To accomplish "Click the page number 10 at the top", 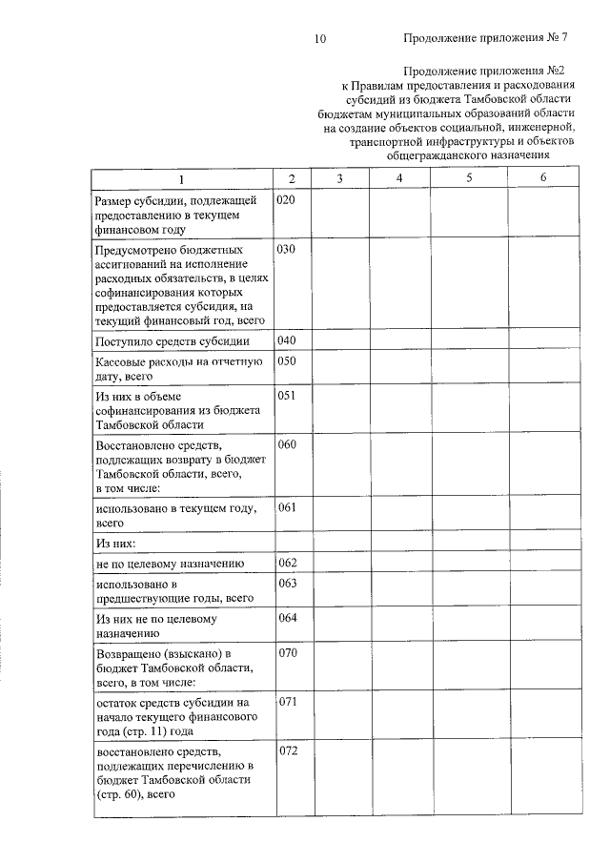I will pyautogui.click(x=319, y=39).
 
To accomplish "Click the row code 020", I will pyautogui.click(x=287, y=201).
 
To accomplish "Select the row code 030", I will pyautogui.click(x=287, y=249).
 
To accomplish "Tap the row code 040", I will pyautogui.click(x=287, y=340).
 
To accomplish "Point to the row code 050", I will pyautogui.click(x=287, y=360).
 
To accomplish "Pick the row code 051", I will pyautogui.click(x=287, y=395).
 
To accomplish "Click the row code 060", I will pyautogui.click(x=287, y=444).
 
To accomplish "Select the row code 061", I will pyautogui.click(x=287, y=507).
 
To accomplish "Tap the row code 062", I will pyautogui.click(x=287, y=563).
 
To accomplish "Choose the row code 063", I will pyautogui.click(x=287, y=582).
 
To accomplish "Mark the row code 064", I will pyautogui.click(x=287, y=617).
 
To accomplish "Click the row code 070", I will pyautogui.click(x=287, y=653).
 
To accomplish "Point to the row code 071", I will pyautogui.click(x=287, y=701).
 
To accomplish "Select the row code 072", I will pyautogui.click(x=287, y=750).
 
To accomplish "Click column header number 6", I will pyautogui.click(x=542, y=178).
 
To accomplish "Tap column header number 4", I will pyautogui.click(x=399, y=178).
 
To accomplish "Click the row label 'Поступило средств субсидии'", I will pyautogui.click(x=173, y=341).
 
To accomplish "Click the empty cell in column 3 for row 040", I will pyautogui.click(x=340, y=340).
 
